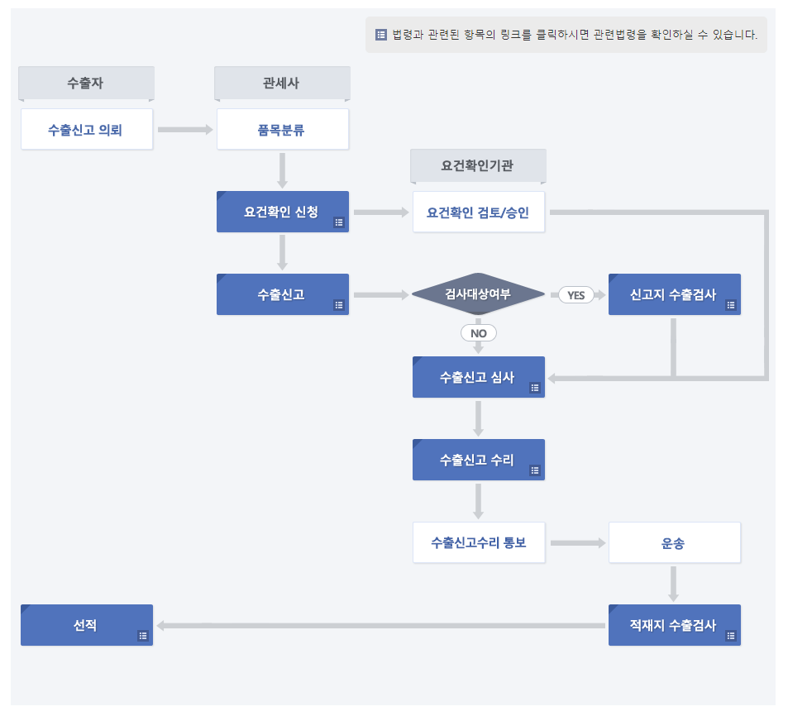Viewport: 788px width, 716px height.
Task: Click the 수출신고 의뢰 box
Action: (87, 130)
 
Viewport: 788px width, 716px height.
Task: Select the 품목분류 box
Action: (282, 130)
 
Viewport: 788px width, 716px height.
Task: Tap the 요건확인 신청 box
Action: (282, 212)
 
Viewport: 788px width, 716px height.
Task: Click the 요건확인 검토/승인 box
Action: (479, 212)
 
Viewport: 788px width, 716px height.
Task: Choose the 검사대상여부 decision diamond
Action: (478, 294)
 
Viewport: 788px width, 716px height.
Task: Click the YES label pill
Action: (575, 295)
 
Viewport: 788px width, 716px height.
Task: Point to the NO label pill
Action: (478, 333)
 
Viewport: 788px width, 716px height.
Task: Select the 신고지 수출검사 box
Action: (674, 294)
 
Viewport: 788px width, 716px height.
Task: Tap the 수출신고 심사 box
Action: (478, 377)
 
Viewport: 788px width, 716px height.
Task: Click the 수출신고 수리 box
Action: (478, 460)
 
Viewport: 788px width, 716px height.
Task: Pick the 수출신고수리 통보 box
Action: (479, 543)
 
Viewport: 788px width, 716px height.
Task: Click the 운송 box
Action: (674, 543)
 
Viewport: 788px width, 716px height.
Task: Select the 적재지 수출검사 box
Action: (674, 625)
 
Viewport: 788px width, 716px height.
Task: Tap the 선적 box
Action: (86, 625)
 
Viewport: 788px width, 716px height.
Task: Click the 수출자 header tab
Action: (86, 83)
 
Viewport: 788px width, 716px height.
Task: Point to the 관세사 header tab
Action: (282, 83)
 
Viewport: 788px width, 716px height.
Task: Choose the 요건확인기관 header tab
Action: (478, 165)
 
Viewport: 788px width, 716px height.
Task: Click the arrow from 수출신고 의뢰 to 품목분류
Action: (184, 130)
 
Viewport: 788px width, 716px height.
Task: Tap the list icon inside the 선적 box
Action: (142, 636)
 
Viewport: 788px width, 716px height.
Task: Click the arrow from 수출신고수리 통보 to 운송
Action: (577, 543)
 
